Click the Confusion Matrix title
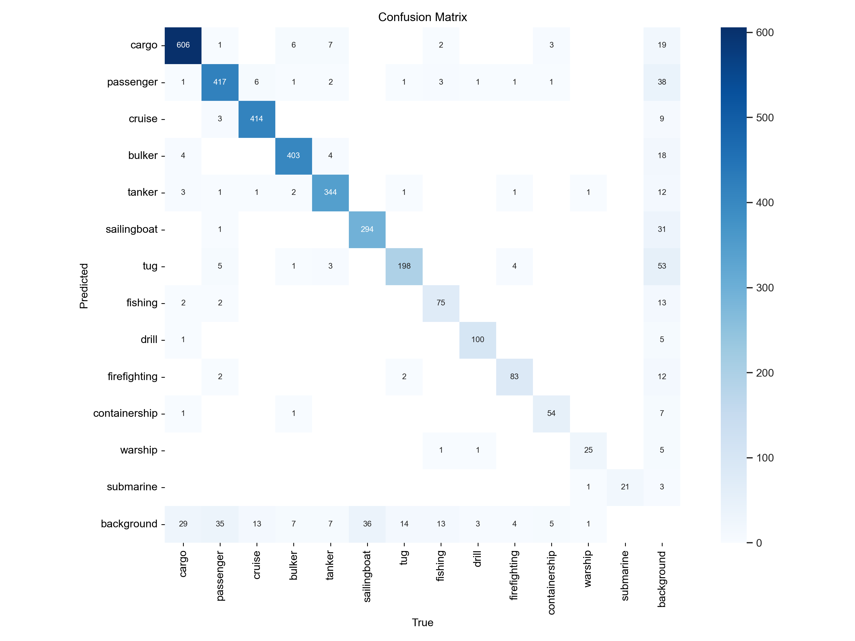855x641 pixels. click(422, 17)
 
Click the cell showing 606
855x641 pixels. click(183, 45)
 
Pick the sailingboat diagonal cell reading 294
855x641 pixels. click(367, 229)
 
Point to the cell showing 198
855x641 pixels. click(404, 266)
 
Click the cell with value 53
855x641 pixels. click(662, 266)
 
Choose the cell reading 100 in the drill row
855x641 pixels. click(477, 340)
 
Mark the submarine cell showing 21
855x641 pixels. click(625, 487)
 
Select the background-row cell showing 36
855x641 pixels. click(367, 524)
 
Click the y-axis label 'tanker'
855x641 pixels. click(142, 192)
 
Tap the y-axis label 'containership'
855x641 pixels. click(125, 413)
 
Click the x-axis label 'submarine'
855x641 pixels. click(625, 576)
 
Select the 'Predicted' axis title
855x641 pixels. click(84, 286)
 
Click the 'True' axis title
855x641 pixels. click(422, 622)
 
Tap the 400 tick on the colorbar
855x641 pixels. click(764, 203)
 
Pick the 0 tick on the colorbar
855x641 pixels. click(759, 543)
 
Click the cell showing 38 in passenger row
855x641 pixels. click(662, 82)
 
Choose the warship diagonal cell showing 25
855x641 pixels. click(588, 450)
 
